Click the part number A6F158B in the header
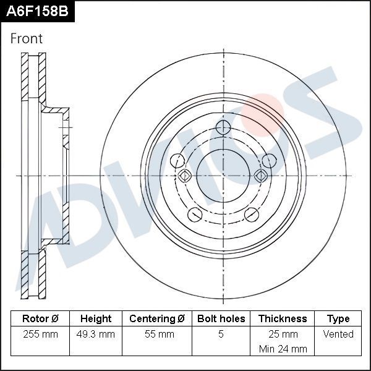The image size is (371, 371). click(37, 11)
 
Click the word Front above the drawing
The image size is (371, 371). click(27, 38)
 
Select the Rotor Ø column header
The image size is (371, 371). click(40, 319)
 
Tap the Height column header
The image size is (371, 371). click(96, 319)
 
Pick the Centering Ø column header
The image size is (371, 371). click(157, 319)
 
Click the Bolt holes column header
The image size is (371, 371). click(221, 319)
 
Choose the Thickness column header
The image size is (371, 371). click(283, 319)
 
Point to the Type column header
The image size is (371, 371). click(338, 319)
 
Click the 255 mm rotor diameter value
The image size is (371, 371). click(40, 334)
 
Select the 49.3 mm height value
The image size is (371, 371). click(96, 334)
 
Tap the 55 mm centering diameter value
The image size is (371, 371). click(157, 334)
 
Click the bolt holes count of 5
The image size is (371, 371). click(221, 334)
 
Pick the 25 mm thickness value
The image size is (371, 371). click(283, 334)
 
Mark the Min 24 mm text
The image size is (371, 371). click(283, 349)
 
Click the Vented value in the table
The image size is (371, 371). click(338, 334)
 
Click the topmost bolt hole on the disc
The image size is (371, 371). click(223, 128)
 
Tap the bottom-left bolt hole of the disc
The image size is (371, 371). click(194, 215)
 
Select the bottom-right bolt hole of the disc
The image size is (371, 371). click(252, 215)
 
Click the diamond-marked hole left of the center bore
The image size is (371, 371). click(184, 176)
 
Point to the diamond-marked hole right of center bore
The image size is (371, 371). click(261, 176)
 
